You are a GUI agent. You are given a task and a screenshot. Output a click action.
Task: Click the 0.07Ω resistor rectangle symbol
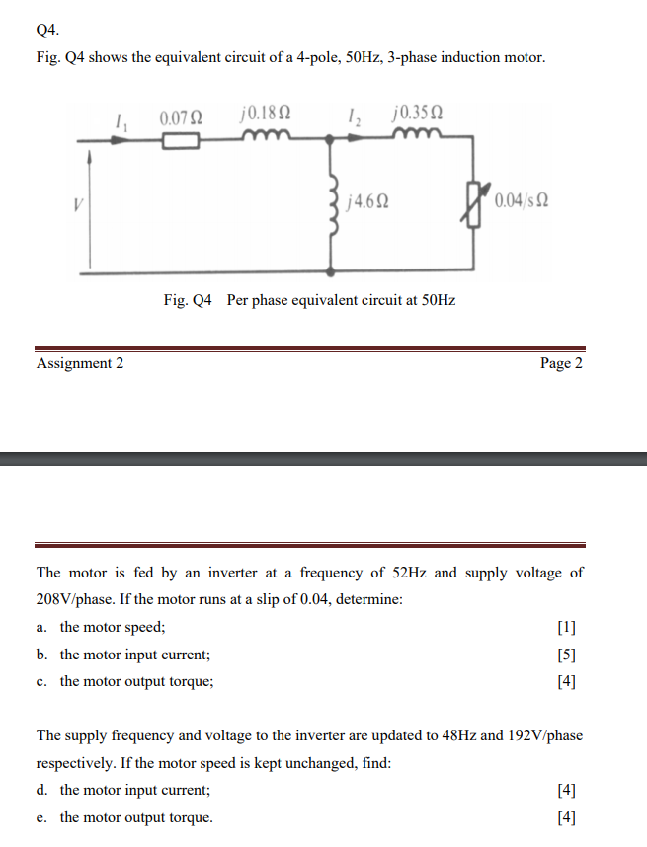pyautogui.click(x=181, y=141)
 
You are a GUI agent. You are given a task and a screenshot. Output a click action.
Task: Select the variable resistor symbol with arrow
pyautogui.click(x=474, y=203)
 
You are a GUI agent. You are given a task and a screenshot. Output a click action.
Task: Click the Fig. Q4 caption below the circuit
pyautogui.click(x=310, y=299)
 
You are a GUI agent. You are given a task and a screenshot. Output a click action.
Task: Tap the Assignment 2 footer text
pyautogui.click(x=80, y=364)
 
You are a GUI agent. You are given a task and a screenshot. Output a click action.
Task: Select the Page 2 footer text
pyautogui.click(x=561, y=364)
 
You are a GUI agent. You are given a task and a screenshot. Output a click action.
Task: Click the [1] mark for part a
pyautogui.click(x=566, y=627)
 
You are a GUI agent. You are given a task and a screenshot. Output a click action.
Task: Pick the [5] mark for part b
pyautogui.click(x=566, y=654)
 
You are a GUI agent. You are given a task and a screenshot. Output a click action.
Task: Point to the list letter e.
pyautogui.click(x=40, y=817)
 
